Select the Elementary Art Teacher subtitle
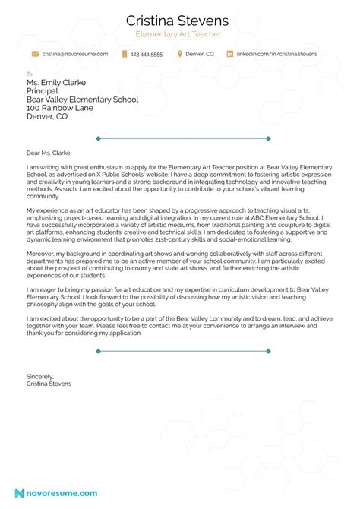pyautogui.click(x=180, y=35)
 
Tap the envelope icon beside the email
pyautogui.click(x=35, y=55)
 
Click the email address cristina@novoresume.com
pyautogui.click(x=75, y=55)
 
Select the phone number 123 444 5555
pyautogui.click(x=147, y=55)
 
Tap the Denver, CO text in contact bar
pyautogui.click(x=200, y=55)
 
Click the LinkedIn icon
pyautogui.click(x=229, y=55)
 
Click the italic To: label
pyautogui.click(x=30, y=74)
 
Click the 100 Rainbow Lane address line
pyautogui.click(x=56, y=108)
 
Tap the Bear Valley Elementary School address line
pyautogui.click(x=82, y=100)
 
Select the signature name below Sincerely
pyautogui.click(x=49, y=384)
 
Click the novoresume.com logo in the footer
pyautogui.click(x=57, y=493)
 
